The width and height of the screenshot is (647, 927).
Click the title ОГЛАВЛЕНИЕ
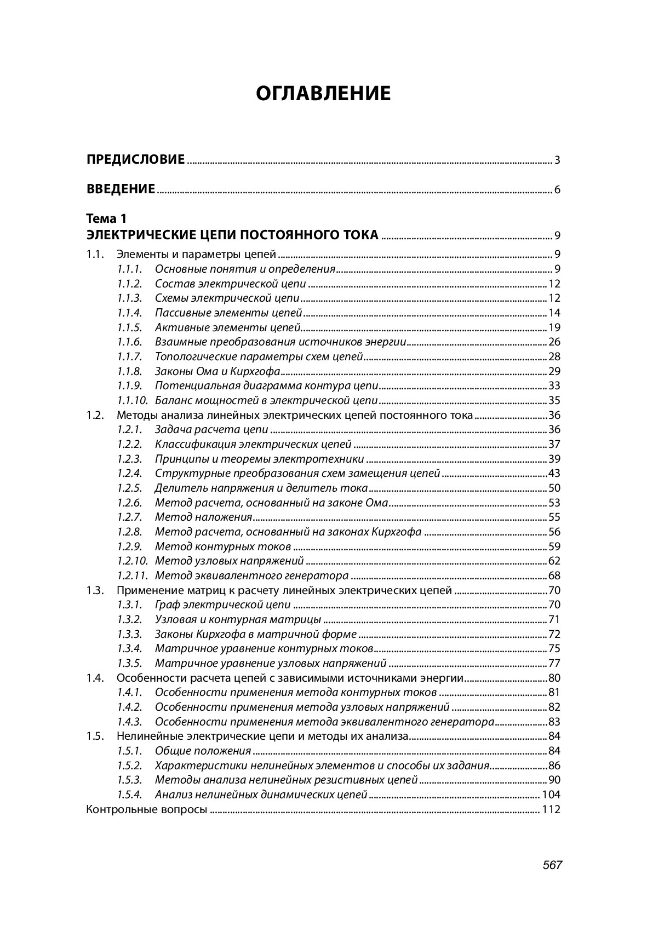[323, 94]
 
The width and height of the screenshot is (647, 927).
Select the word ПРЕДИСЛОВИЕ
[135, 160]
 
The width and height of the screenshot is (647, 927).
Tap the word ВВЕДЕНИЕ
[121, 189]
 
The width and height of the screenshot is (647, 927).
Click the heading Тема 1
[106, 219]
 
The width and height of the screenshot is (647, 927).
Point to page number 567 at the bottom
[553, 865]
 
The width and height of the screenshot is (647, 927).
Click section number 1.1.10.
[132, 400]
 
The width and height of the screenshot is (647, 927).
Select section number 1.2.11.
[132, 575]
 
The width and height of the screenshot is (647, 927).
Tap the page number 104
[551, 794]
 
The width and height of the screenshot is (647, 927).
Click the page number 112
[551, 809]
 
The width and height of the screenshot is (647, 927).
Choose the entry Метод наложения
[203, 517]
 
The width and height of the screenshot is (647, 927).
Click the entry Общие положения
[203, 751]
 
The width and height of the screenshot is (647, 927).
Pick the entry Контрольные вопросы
[146, 809]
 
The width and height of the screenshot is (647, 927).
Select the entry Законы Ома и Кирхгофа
[217, 371]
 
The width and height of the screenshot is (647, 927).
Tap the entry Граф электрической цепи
[222, 605]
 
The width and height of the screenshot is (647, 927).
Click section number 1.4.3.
[129, 722]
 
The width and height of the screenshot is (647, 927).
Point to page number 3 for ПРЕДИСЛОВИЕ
[557, 160]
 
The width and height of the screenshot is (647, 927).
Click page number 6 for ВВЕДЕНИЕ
[557, 190]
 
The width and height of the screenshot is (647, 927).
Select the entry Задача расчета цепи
[211, 429]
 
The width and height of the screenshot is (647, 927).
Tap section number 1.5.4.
[129, 794]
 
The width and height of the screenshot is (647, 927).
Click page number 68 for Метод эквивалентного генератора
[554, 575]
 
